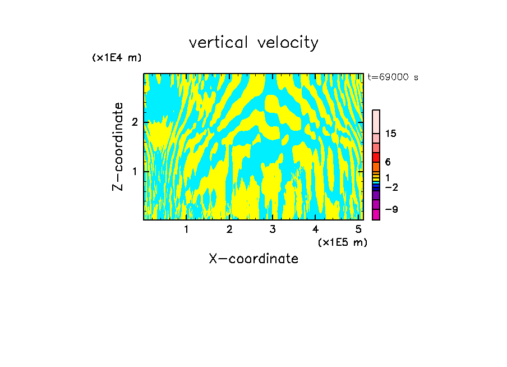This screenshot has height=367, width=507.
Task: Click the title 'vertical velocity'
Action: click(253, 43)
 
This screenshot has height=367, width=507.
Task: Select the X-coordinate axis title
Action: click(253, 259)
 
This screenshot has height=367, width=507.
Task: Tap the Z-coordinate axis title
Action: click(118, 146)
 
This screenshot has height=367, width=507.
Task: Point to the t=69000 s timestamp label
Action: click(393, 77)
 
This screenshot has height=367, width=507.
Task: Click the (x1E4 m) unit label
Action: click(117, 58)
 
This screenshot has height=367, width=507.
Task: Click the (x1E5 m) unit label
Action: click(342, 242)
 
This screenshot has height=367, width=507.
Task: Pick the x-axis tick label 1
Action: click(186, 230)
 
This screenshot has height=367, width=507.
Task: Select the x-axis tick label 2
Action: click(229, 230)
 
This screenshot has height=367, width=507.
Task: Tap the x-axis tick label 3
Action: click(273, 230)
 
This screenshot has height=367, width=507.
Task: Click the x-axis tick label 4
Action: click(316, 230)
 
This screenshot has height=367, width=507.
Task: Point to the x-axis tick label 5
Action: click(358, 230)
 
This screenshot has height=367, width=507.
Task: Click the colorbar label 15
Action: click(391, 134)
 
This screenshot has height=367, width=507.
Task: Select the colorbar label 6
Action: click(388, 162)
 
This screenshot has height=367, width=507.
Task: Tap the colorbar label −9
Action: click(391, 209)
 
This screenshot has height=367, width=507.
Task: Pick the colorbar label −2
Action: click(391, 187)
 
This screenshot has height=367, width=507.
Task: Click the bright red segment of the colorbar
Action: click(376, 157)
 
